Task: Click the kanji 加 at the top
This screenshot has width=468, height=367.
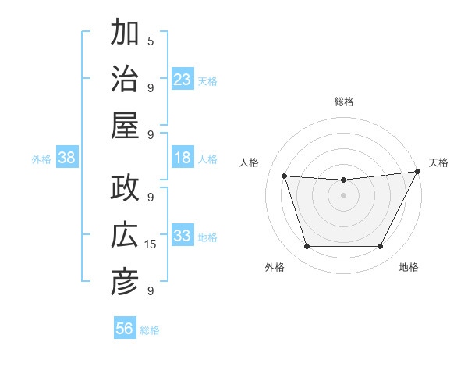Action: [125, 34]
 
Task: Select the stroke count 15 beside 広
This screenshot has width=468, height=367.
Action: [151, 244]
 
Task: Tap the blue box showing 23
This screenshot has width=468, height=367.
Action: [183, 79]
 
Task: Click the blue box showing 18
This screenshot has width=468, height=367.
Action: [183, 158]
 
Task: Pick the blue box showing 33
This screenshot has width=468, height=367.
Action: [183, 236]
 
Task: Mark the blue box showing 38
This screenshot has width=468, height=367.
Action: [66, 158]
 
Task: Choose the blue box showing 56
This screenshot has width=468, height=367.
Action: [124, 329]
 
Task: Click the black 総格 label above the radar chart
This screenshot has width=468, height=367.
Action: [343, 102]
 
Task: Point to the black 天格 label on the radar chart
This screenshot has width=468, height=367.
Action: [438, 162]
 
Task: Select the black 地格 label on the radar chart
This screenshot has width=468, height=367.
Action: [409, 267]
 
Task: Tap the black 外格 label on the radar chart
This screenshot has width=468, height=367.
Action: [275, 267]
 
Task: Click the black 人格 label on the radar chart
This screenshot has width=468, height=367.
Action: [250, 162]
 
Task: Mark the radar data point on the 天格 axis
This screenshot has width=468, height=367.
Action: [418, 171]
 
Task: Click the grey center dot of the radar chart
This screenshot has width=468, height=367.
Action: [343, 195]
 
